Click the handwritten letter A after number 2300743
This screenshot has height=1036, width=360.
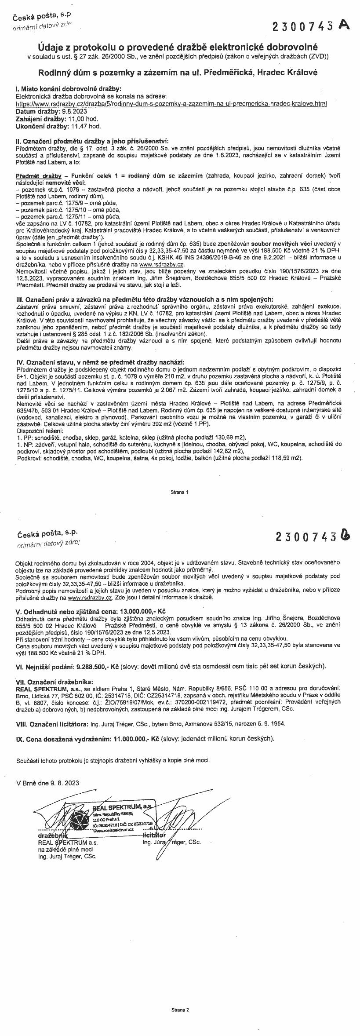point(344,25)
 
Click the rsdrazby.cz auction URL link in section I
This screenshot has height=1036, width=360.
point(171,105)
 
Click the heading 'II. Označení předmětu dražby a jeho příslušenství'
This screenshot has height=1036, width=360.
point(91,141)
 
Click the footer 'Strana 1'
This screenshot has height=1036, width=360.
point(180,492)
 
